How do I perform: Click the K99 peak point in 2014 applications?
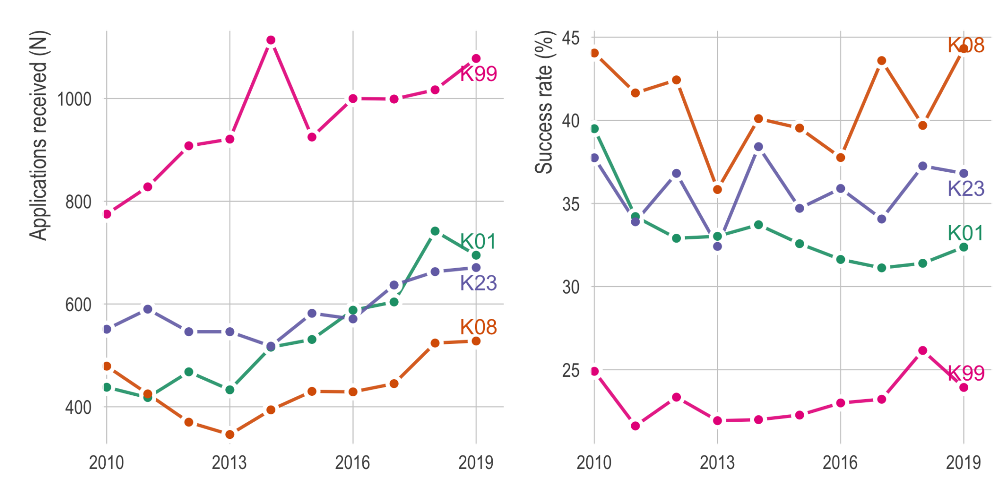pos(271,40)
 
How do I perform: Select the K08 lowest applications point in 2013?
pos(230,434)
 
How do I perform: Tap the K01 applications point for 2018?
pos(435,231)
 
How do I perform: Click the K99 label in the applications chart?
pos(478,74)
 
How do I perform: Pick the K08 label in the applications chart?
pos(478,327)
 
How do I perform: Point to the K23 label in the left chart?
pos(478,283)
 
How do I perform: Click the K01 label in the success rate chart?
pos(965,233)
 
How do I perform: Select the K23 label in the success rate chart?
pos(966,188)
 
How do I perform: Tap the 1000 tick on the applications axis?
pos(74,99)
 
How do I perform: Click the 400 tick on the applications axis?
pos(78,407)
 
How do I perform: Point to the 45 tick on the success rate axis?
pos(571,38)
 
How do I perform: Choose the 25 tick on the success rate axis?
pos(571,370)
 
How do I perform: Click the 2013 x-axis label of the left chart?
pos(229,462)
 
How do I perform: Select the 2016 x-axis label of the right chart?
pos(840,462)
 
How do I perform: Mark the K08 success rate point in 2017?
pos(882,61)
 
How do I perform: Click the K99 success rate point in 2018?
pos(923,351)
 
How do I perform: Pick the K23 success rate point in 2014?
pos(759,147)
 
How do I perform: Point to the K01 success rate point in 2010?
pos(595,129)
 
